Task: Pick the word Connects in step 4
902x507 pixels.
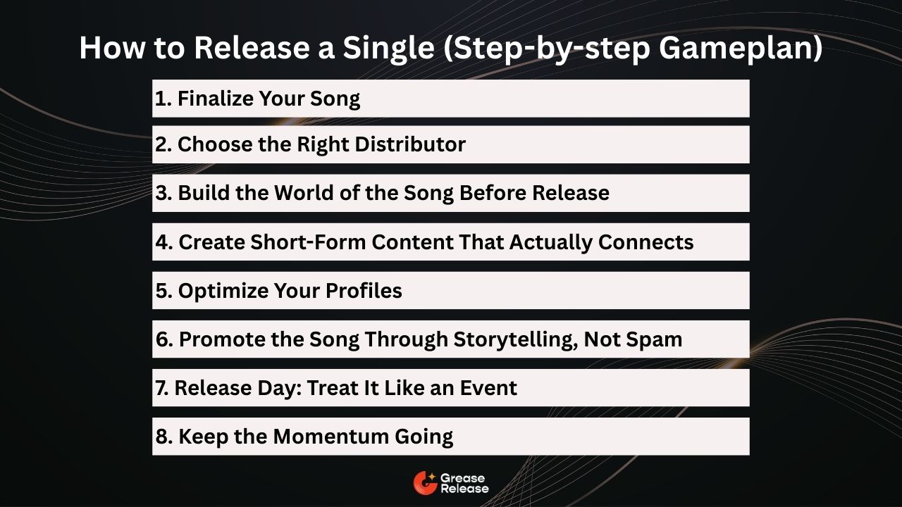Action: pyautogui.click(x=646, y=242)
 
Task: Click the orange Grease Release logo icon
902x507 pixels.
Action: pyautogui.click(x=424, y=482)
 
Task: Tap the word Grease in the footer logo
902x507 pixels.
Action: pyautogui.click(x=462, y=478)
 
